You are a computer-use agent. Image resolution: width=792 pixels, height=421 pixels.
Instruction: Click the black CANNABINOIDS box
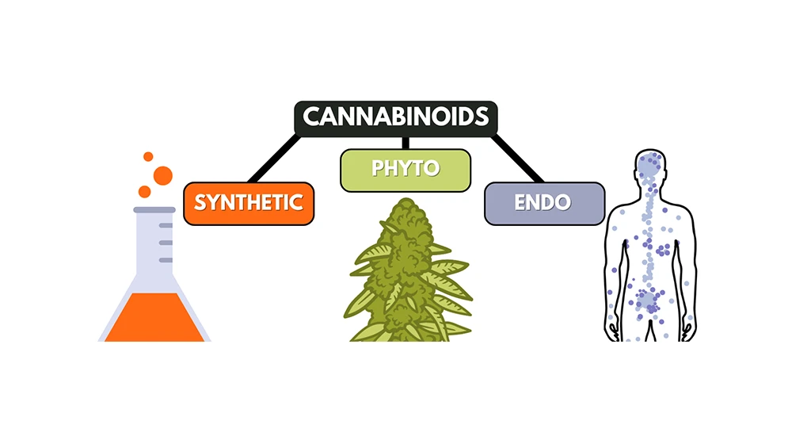pyautogui.click(x=395, y=117)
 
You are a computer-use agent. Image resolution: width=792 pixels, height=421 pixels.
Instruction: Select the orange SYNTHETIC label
pyautogui.click(x=248, y=202)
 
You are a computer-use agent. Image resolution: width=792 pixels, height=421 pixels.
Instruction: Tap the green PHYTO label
pyautogui.click(x=405, y=170)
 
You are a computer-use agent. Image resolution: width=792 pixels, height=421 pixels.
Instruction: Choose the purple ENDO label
pyautogui.click(x=543, y=202)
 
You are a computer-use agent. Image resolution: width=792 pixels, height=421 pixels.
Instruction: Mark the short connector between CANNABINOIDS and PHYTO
pyautogui.click(x=405, y=142)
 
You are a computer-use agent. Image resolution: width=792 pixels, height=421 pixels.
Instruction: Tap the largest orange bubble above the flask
pyautogui.click(x=163, y=176)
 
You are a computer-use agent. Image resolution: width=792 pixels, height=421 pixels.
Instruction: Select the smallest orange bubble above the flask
pyautogui.click(x=148, y=156)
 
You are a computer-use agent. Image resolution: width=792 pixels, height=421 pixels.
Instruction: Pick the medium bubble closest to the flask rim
pyautogui.click(x=144, y=191)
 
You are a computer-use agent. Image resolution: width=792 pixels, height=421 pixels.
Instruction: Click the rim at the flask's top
pyautogui.click(x=154, y=209)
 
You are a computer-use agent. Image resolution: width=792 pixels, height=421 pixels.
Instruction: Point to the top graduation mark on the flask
pyautogui.click(x=166, y=226)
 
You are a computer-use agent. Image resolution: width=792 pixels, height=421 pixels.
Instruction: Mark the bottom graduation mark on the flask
pyautogui.click(x=166, y=259)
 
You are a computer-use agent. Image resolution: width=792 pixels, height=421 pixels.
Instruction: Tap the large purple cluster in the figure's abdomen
pyautogui.click(x=649, y=300)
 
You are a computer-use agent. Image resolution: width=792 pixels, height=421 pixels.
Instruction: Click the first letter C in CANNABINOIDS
pyautogui.click(x=312, y=117)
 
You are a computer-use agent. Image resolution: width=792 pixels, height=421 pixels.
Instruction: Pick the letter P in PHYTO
pyautogui.click(x=377, y=170)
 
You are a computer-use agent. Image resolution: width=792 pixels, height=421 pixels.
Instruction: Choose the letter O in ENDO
pyautogui.click(x=563, y=202)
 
